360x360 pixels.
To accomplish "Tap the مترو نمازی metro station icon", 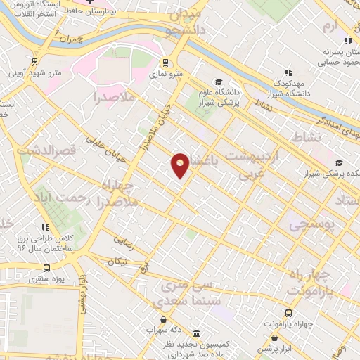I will tap(165, 61).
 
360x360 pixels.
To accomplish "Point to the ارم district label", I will tap(331, 25).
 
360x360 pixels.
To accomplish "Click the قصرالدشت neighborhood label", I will tap(41, 150).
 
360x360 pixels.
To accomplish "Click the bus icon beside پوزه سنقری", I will tap(47, 268).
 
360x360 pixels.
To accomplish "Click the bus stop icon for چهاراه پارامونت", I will tap(288, 312).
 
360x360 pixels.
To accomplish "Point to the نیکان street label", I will tap(118, 262).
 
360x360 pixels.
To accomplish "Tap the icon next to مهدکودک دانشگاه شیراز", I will tap(288, 72).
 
